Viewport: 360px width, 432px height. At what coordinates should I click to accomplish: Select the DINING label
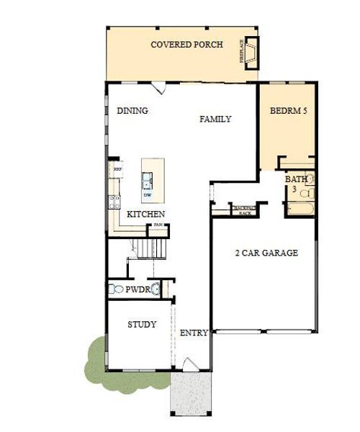132,111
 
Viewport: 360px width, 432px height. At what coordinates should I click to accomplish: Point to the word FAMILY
215,119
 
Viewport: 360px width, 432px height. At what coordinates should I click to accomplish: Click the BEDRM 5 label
287,112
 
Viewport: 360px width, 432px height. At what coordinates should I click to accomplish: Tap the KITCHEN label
146,215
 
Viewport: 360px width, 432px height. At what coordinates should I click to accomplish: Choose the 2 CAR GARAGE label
266,253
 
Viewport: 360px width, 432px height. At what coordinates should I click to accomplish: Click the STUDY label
142,325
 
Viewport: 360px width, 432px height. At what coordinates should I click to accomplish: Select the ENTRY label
194,333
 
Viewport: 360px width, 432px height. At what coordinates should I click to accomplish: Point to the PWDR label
136,289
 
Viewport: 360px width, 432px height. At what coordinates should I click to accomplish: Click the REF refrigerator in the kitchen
117,170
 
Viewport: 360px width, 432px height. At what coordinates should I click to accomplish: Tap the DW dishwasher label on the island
148,194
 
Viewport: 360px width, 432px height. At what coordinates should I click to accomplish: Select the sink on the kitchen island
147,178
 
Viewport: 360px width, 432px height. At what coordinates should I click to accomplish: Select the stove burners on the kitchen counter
113,201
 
